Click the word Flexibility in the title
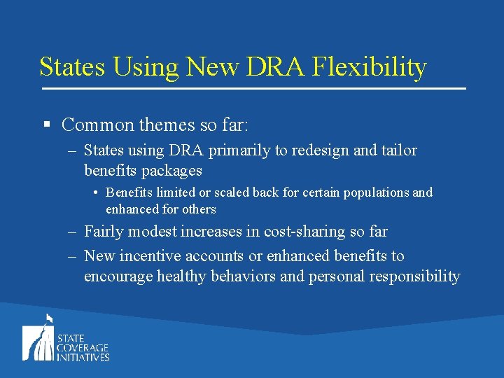coord(369,67)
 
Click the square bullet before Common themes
coord(46,125)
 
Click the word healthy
coord(185,276)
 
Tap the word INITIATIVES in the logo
coord(83,357)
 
